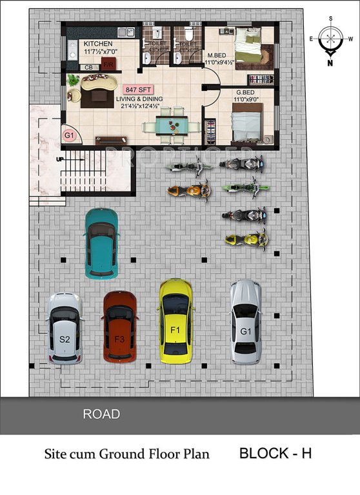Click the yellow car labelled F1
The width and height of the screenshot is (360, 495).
point(176,320)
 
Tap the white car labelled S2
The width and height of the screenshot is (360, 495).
point(65,329)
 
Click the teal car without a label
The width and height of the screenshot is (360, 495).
point(101,242)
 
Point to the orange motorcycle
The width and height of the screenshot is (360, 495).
point(188,190)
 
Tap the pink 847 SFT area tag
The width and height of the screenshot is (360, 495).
point(137,89)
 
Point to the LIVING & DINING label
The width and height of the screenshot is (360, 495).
point(139,102)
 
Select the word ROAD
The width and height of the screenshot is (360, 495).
point(101,414)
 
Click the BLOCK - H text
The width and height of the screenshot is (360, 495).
point(275,453)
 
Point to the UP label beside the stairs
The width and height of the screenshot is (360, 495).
point(60,159)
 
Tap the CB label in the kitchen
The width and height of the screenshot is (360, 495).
point(88,66)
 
